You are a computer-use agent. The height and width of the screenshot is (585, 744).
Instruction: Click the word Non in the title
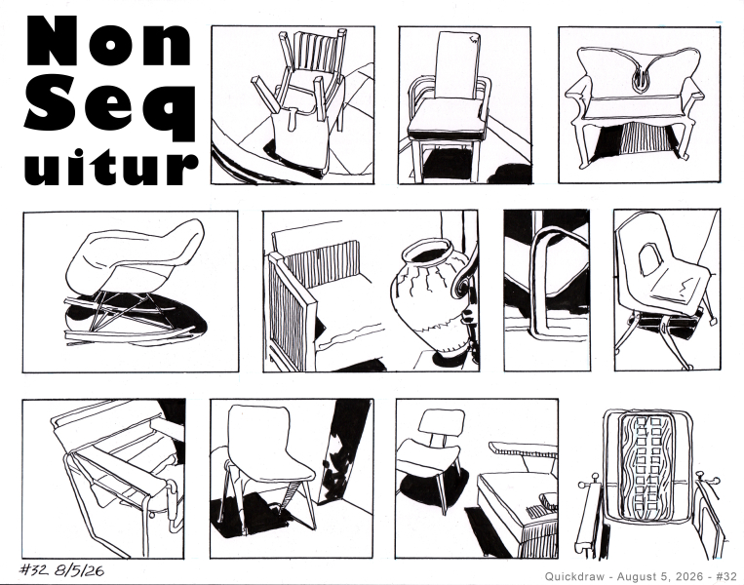tap(109, 41)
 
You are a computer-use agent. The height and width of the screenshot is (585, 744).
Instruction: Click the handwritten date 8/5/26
tap(79, 569)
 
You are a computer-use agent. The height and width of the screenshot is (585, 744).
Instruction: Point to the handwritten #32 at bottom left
tap(33, 569)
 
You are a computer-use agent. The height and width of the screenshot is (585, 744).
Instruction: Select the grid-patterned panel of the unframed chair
tap(646, 468)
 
